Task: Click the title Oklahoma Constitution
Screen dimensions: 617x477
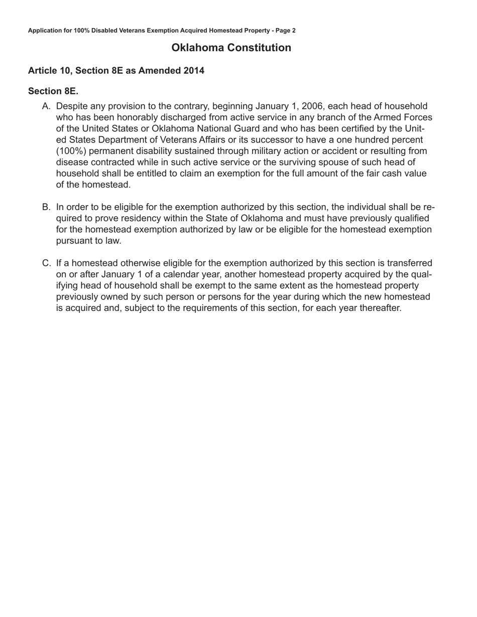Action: (231, 48)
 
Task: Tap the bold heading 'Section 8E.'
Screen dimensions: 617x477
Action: (53, 91)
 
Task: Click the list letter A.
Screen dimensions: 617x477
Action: (46, 106)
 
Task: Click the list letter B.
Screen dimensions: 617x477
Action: (46, 207)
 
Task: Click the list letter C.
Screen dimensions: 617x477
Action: (46, 263)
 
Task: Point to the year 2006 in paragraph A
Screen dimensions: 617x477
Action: (312, 106)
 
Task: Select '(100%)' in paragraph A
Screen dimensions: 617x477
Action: (71, 151)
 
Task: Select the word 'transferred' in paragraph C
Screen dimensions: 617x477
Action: (409, 263)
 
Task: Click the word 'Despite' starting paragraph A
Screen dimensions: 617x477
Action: (72, 106)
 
